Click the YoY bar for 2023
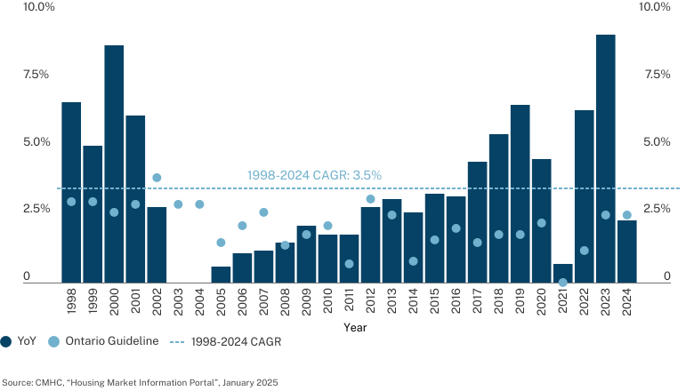pos(606,158)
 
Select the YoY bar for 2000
pos(114,164)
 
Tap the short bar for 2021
pos(562,274)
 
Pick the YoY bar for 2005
pos(221,275)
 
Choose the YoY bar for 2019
pos(520,194)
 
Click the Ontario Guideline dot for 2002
pos(157,178)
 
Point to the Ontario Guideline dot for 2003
pos(178,204)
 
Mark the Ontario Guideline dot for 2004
pos(199,204)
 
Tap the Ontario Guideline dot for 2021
pos(562,283)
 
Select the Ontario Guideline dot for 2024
pos(626,215)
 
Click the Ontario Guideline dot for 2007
pos(263,212)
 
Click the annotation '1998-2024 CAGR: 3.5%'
pos(314,175)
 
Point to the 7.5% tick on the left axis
pos(36,75)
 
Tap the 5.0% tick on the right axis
pos(657,142)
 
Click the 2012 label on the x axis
pos(370,301)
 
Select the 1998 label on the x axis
pos(71,301)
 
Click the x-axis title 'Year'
pos(355,327)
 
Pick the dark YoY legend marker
pos(5,341)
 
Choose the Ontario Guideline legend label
pos(112,341)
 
